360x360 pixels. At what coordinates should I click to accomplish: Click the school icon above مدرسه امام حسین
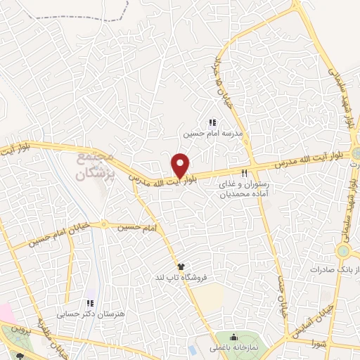click(213, 123)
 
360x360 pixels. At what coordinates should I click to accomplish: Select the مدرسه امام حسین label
click(213, 133)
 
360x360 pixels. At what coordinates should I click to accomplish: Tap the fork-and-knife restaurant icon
click(245, 172)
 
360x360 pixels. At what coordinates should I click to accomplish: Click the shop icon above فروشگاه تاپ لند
click(181, 266)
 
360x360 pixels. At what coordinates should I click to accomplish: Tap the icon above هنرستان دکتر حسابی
click(89, 302)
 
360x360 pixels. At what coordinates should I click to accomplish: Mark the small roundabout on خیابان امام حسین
click(105, 225)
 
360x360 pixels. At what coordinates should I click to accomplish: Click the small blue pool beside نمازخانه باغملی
click(193, 349)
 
